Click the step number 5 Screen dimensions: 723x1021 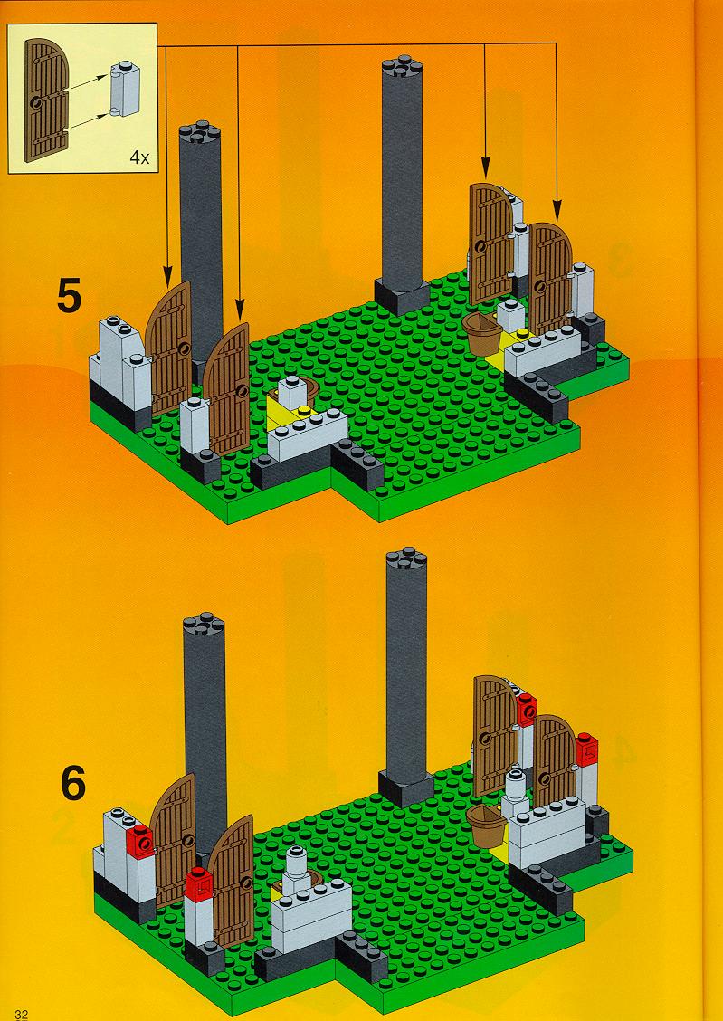(x=70, y=296)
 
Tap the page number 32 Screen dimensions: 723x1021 (x=22, y=1015)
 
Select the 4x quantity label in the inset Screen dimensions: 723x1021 (x=139, y=157)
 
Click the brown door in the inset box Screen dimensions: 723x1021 (x=47, y=100)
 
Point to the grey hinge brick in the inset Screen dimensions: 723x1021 (x=125, y=90)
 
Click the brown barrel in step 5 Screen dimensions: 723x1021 (x=483, y=333)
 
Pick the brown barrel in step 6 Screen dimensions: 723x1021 (x=488, y=825)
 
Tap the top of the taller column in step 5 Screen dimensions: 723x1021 (x=402, y=66)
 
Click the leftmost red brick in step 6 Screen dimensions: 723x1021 (x=140, y=841)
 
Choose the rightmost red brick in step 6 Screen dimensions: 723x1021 (x=586, y=750)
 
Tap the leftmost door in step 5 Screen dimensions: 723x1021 (x=168, y=348)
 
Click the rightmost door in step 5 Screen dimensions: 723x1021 (x=550, y=278)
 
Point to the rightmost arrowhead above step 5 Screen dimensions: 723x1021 (x=557, y=214)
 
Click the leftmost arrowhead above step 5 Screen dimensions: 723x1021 (x=167, y=278)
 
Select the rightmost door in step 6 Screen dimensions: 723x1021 (x=555, y=760)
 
